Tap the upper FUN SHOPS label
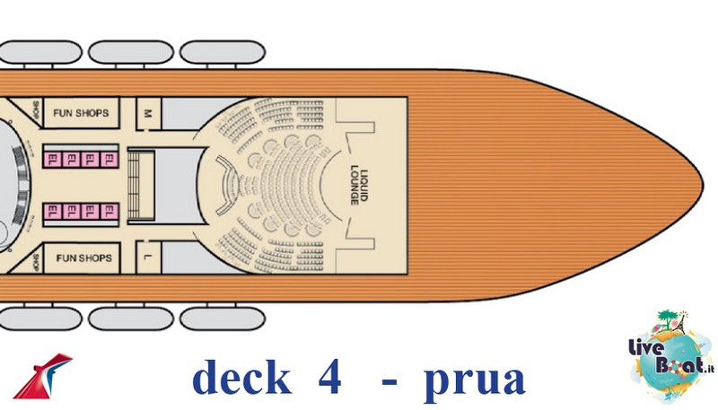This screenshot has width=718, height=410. pos(81,113)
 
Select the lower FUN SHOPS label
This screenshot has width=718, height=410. pos(84,258)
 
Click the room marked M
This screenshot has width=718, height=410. pos(148,113)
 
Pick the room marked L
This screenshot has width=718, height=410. pos(148,257)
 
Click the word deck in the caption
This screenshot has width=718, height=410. pos(241,378)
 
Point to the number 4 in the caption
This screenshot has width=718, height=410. pos(329,376)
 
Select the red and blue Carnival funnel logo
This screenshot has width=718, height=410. pos(42,376)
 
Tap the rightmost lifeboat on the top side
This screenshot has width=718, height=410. pos(223,52)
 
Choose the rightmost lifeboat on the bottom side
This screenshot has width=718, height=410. pos(223,318)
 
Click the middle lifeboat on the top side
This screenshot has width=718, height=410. pos(131,52)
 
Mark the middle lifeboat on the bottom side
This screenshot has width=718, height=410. pos(131,318)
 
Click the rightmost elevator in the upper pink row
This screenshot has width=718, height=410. pos(109,160)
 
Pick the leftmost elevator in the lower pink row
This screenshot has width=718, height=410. pos(53,212)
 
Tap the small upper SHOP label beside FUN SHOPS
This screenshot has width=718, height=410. pos(36,109)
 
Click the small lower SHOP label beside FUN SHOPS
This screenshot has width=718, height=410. pos(36,262)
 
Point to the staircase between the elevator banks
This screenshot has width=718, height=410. pos(135,186)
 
